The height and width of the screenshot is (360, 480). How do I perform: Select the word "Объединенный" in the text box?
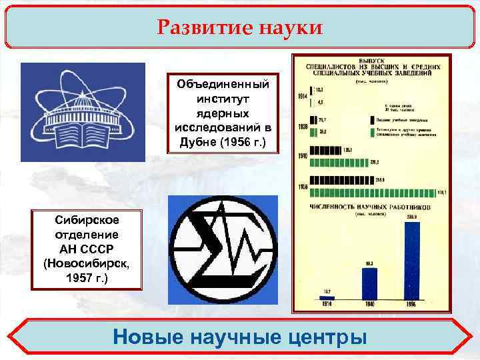223,85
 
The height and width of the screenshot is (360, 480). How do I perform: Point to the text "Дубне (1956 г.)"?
223,141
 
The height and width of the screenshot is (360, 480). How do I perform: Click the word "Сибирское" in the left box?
87,220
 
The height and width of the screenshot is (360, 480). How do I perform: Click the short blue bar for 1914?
327,297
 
